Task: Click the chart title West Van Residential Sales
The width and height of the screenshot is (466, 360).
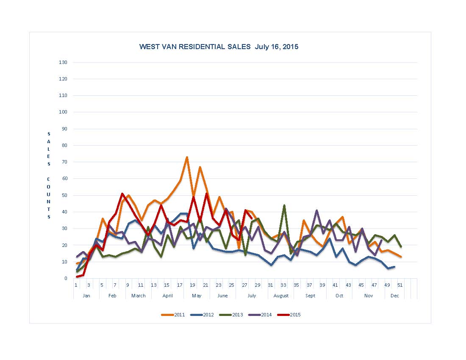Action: [219, 47]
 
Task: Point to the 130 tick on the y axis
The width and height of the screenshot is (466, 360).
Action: [64, 62]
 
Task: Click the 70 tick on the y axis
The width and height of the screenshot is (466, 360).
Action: [64, 162]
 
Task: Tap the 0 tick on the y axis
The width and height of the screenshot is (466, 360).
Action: [66, 278]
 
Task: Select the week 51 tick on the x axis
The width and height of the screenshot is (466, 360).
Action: [399, 285]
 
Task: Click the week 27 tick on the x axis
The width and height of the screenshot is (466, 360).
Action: [244, 285]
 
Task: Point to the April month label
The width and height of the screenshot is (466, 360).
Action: [167, 296]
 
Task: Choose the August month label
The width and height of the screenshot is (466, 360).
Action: [281, 296]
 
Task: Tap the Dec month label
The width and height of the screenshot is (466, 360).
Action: [395, 296]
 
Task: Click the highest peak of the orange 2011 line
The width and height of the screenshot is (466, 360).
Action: [187, 157]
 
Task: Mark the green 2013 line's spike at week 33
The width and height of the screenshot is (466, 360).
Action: [284, 205]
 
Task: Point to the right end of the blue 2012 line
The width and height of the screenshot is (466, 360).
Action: [394, 267]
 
